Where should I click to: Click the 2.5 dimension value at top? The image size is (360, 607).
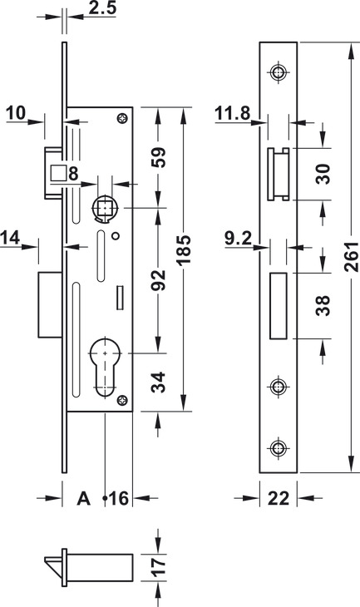point(102,7)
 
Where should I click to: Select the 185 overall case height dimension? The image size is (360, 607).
point(185,249)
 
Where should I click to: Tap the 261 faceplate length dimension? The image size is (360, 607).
point(352,257)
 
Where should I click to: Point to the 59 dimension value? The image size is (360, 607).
point(158,157)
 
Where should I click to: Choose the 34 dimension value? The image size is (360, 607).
point(158,382)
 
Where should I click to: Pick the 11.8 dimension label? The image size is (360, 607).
point(232,113)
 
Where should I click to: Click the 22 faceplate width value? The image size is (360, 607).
point(279,499)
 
